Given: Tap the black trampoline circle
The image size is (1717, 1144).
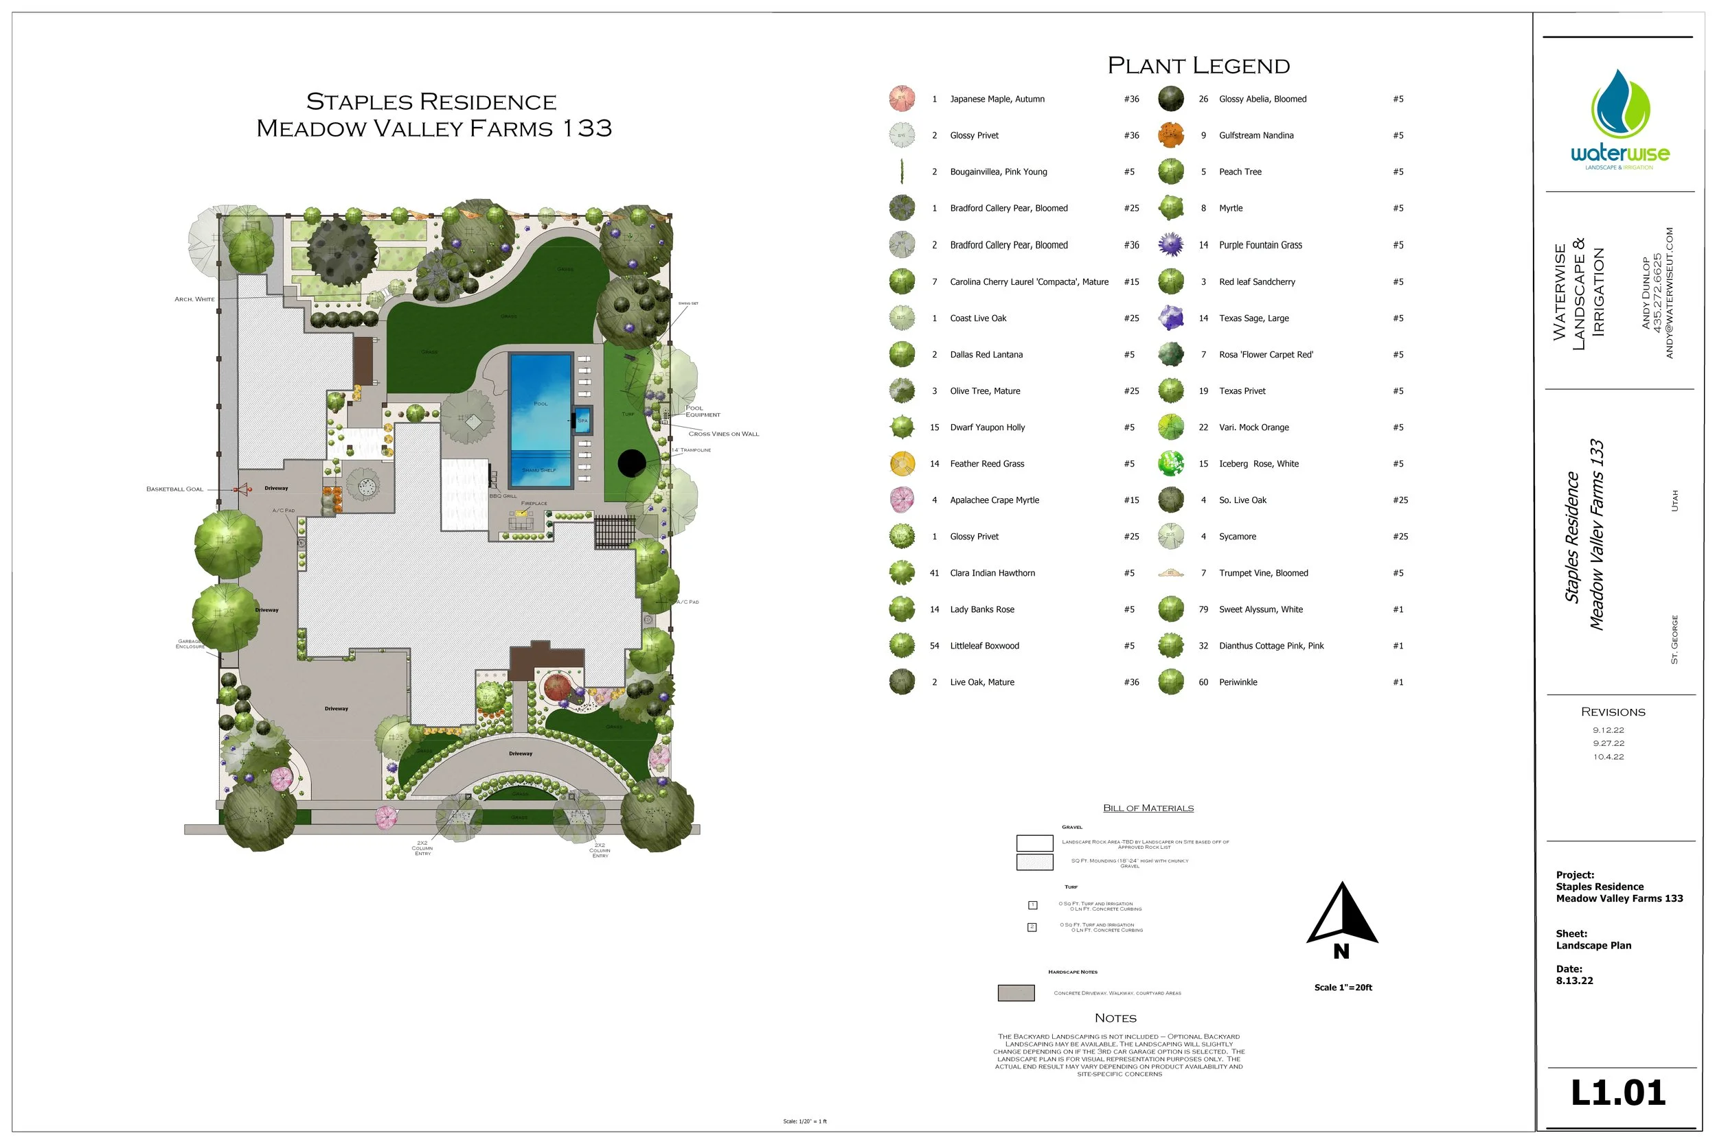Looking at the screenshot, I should click(x=631, y=463).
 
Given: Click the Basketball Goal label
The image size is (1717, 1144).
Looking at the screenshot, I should click(x=174, y=489).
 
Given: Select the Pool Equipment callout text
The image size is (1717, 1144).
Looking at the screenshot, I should click(x=703, y=412).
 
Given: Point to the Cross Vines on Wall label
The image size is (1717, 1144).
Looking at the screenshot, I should click(x=723, y=434).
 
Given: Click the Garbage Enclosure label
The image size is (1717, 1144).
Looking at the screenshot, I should click(x=190, y=644).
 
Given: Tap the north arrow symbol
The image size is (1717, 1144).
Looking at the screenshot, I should click(x=1341, y=915).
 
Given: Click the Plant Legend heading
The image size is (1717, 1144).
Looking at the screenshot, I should click(x=1198, y=66).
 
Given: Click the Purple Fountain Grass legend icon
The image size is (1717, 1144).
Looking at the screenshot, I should click(x=1170, y=244).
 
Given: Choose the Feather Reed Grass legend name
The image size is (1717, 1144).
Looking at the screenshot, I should click(x=986, y=464).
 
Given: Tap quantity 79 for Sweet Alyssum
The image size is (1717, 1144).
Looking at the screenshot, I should click(x=1203, y=609).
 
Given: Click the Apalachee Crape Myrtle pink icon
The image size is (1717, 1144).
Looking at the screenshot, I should click(x=902, y=500).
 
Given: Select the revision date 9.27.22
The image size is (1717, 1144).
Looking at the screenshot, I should click(x=1608, y=743).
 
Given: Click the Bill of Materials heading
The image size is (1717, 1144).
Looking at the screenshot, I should click(x=1148, y=808).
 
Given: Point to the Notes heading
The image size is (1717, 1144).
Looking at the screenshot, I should click(x=1115, y=1018).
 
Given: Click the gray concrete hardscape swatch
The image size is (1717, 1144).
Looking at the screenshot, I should click(x=1016, y=993).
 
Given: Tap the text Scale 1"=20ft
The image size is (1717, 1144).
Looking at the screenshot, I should click(x=1343, y=987).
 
